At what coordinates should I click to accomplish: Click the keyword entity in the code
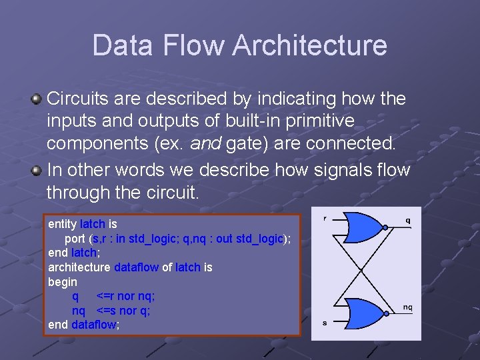(62, 224)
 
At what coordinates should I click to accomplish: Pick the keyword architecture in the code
(79, 267)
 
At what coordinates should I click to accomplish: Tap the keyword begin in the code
(63, 282)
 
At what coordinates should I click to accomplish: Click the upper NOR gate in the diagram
(364, 229)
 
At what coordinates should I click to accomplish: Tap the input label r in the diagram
(325, 218)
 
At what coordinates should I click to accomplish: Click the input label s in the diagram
(325, 323)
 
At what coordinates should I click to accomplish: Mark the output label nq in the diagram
(407, 307)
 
